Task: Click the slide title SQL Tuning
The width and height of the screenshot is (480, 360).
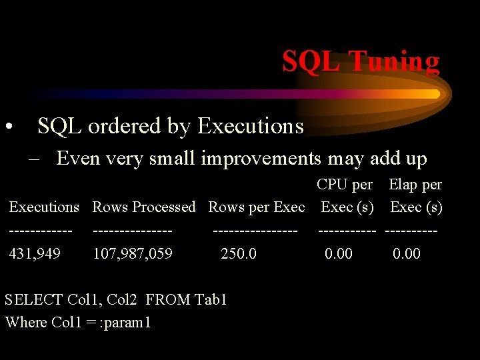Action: [360, 61]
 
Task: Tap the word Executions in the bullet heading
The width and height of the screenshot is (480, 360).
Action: [251, 126]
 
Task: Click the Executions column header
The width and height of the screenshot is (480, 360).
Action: [44, 207]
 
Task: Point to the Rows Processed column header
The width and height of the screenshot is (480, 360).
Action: [144, 207]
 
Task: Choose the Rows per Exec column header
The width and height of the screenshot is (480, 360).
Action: [256, 207]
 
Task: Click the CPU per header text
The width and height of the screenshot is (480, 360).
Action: [344, 185]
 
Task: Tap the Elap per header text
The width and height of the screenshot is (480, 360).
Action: [415, 185]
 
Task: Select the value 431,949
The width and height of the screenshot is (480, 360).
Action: [35, 253]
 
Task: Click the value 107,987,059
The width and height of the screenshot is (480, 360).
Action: [133, 253]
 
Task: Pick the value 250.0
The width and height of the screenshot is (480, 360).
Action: [239, 253]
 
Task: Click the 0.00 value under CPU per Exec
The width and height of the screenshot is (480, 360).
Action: [339, 253]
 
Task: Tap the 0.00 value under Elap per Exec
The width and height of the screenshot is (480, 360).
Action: [407, 253]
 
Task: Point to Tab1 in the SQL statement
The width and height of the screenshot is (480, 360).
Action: [211, 299]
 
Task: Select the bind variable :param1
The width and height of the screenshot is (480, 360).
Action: [125, 323]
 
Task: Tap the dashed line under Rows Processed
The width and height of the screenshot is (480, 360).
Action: [133, 231]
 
